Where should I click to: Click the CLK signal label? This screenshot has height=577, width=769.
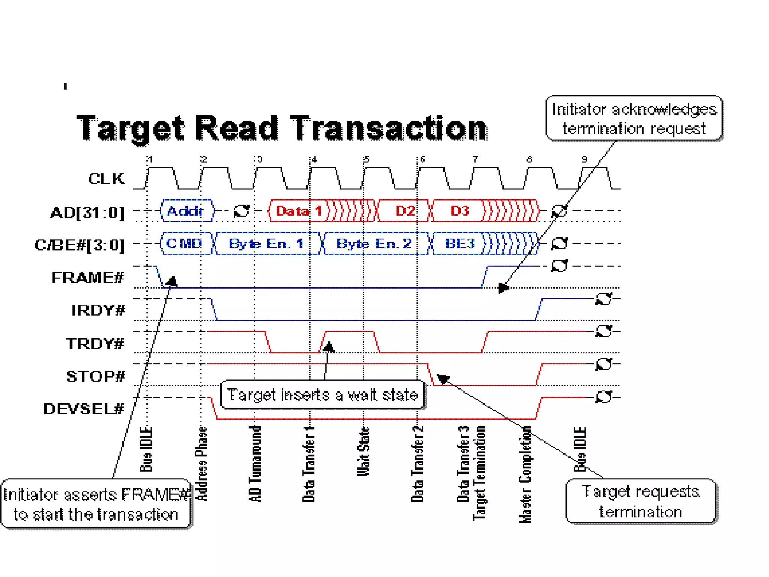click(x=106, y=179)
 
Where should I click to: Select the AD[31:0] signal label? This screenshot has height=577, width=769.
click(x=87, y=213)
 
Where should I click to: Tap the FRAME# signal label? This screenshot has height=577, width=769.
click(x=87, y=278)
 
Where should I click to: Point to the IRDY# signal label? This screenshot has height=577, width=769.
click(x=98, y=310)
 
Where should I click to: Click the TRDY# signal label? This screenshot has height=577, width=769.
click(x=95, y=343)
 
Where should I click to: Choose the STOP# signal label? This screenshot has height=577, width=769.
click(x=96, y=376)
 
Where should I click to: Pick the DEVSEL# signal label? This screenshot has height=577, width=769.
click(x=84, y=409)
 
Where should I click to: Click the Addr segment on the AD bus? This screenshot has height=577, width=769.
click(x=185, y=211)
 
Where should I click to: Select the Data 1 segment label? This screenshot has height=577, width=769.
click(x=299, y=211)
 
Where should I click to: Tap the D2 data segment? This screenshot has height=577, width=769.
click(x=405, y=211)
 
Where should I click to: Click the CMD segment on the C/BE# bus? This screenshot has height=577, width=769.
click(x=184, y=243)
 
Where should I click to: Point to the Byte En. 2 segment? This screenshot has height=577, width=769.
click(x=374, y=243)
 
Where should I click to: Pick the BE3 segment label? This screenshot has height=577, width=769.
click(x=460, y=243)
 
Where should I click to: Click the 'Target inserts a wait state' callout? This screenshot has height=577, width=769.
click(x=323, y=395)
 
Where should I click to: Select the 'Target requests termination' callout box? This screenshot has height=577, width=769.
click(x=641, y=501)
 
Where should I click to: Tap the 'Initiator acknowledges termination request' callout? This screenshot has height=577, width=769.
click(x=634, y=118)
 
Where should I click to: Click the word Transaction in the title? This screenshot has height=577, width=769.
click(x=389, y=128)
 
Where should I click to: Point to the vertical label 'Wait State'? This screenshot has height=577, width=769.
click(x=363, y=452)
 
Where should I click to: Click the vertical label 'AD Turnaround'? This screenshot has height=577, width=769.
click(x=255, y=464)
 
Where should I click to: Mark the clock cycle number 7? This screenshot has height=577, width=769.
click(x=475, y=159)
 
